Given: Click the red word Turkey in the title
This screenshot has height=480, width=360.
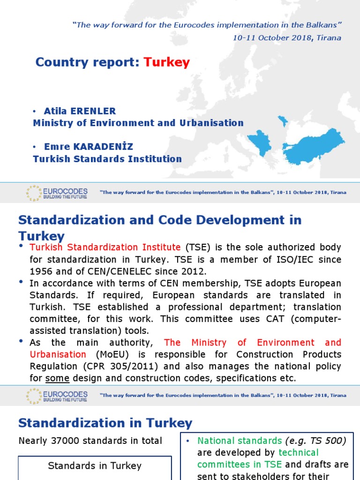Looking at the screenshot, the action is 166,62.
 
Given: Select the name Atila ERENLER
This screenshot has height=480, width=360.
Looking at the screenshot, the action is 80,111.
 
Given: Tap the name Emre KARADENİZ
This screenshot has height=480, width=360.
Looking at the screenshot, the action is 89,147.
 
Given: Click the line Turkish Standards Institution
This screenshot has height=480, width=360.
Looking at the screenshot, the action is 107,159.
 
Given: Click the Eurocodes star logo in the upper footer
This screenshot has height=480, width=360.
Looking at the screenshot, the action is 34,193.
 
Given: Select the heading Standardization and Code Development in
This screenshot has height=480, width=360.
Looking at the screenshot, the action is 159,220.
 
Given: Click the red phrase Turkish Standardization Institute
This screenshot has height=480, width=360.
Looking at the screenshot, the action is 105,247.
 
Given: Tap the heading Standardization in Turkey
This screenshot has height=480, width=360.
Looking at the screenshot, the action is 105,423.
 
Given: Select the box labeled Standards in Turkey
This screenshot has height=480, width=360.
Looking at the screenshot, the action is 95,466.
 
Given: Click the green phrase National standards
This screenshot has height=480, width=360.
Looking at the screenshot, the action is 232,441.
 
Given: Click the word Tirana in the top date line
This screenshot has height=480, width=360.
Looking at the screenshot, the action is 329,37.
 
